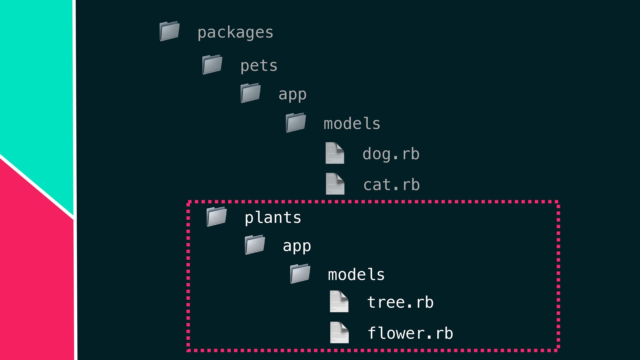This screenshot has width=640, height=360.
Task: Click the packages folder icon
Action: (x=169, y=31)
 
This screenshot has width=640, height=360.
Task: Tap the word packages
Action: (x=235, y=33)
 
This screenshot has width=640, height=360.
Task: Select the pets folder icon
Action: (x=212, y=64)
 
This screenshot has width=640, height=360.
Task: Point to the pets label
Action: (x=259, y=65)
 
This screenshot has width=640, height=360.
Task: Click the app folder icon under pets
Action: (x=250, y=93)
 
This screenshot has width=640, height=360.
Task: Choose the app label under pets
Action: (x=292, y=94)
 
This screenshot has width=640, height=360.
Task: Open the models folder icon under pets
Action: (x=296, y=123)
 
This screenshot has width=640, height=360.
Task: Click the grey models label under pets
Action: (x=352, y=124)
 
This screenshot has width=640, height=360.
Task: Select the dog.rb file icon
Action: (x=335, y=153)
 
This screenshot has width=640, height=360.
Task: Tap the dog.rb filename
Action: (x=391, y=154)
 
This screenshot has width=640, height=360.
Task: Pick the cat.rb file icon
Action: (x=335, y=184)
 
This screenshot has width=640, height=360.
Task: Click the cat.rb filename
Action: (x=391, y=185)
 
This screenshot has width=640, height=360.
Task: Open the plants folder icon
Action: (x=216, y=217)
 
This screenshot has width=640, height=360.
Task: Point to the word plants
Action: (x=273, y=218)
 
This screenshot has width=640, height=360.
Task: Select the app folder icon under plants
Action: (x=255, y=245)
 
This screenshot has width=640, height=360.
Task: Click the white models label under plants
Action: (x=356, y=275)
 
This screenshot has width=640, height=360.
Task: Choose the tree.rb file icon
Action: (x=339, y=301)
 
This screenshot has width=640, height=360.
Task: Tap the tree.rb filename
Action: (x=400, y=302)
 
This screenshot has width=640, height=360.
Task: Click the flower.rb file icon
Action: (x=339, y=332)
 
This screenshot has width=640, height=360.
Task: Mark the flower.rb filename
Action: (x=410, y=333)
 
